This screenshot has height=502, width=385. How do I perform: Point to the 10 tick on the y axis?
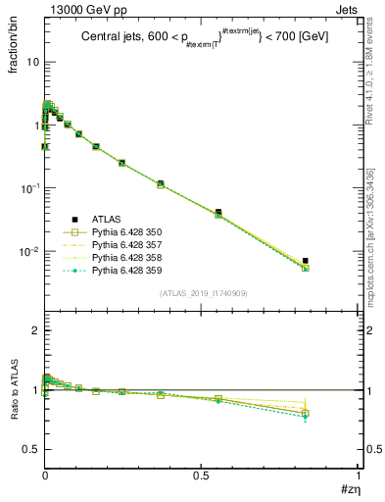tap(32, 62)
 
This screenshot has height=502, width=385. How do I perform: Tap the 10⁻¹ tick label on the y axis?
tap(30, 188)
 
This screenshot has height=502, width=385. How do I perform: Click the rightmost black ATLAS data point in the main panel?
tap(306, 261)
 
